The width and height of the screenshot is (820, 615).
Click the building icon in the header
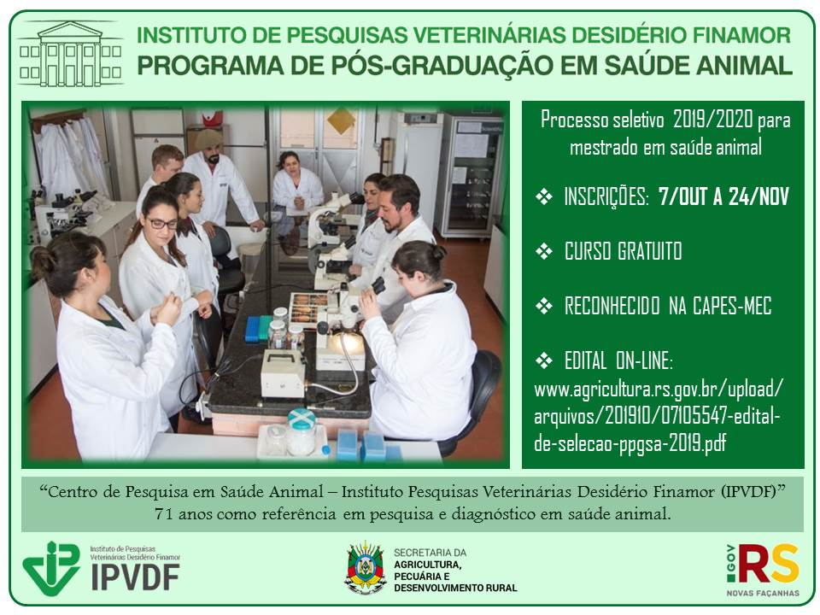[71, 53]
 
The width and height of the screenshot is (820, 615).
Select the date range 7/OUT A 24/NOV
[723, 196]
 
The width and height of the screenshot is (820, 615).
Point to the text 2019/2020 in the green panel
[712, 120]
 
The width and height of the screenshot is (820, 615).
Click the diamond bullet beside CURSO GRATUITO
[544, 251]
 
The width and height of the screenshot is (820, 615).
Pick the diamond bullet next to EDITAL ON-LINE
[544, 360]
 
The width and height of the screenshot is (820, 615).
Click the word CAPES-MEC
[732, 306]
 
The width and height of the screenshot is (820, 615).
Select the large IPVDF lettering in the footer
[136, 577]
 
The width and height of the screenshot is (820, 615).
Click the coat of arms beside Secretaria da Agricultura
[366, 569]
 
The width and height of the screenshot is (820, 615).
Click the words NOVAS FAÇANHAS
[763, 593]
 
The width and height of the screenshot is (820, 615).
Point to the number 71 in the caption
[163, 514]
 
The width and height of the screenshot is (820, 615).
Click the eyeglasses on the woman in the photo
[162, 224]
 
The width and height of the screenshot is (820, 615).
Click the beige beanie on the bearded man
[208, 139]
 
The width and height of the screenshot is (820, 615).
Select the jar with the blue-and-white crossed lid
[302, 431]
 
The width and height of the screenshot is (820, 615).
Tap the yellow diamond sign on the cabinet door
[341, 120]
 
